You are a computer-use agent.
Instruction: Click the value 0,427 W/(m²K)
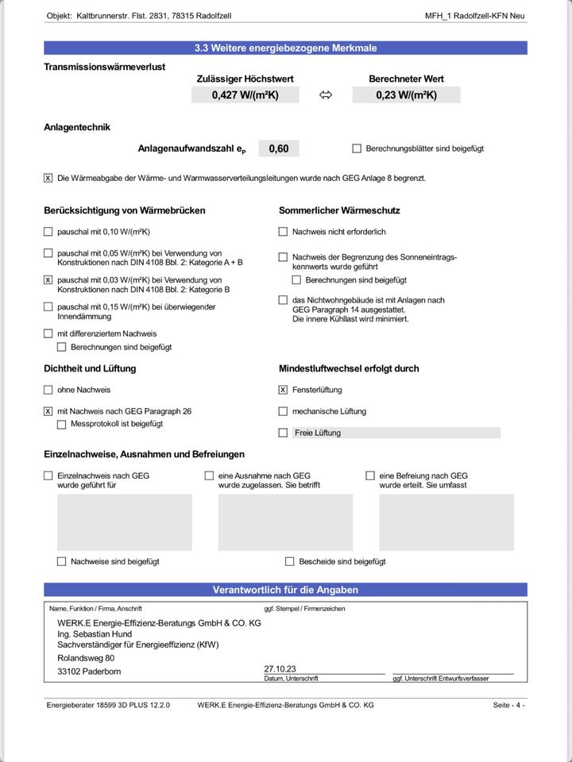pyautogui.click(x=245, y=95)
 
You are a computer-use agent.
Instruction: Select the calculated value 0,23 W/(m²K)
pyautogui.click(x=406, y=95)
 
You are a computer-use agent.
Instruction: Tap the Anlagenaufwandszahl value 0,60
pyautogui.click(x=279, y=148)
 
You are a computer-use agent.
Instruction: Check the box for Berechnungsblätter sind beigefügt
pyautogui.click(x=357, y=148)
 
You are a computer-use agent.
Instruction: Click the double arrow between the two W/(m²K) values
pyautogui.click(x=326, y=95)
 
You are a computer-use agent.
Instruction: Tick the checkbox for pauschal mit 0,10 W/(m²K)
pyautogui.click(x=48, y=232)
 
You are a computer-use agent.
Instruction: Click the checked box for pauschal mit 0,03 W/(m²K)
pyautogui.click(x=48, y=280)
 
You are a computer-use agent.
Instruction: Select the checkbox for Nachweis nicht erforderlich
pyautogui.click(x=283, y=232)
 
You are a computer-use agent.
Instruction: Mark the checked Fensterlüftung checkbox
pyautogui.click(x=283, y=390)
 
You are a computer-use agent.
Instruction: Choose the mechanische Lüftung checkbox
pyautogui.click(x=283, y=411)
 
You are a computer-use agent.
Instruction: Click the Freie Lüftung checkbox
pyautogui.click(x=283, y=433)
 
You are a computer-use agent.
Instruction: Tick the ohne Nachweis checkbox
pyautogui.click(x=48, y=390)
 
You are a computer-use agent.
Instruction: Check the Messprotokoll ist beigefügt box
pyautogui.click(x=62, y=424)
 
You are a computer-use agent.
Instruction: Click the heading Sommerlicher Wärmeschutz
pyautogui.click(x=339, y=210)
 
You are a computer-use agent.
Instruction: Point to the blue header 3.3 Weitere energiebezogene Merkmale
pyautogui.click(x=285, y=48)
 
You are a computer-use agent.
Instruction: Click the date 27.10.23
pyautogui.click(x=280, y=668)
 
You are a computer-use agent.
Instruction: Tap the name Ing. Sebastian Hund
pyautogui.click(x=95, y=634)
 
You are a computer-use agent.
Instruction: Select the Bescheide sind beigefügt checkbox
pyautogui.click(x=290, y=561)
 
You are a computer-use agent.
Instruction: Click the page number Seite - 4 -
pyautogui.click(x=508, y=705)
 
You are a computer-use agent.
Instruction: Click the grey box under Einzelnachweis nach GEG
pyautogui.click(x=124, y=522)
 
